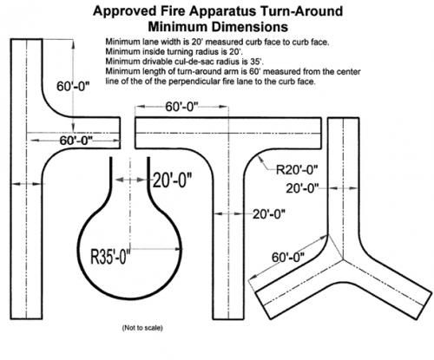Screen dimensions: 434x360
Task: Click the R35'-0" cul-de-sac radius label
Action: [110, 256]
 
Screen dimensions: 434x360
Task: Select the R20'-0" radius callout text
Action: [297, 170]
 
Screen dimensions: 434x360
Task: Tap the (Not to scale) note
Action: [142, 328]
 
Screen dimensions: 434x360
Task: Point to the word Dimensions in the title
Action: [250, 27]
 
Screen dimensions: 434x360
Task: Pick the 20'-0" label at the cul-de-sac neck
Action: [172, 180]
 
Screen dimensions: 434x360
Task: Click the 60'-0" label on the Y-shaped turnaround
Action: [288, 258]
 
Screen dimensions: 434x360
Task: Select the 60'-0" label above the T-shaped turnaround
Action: [182, 107]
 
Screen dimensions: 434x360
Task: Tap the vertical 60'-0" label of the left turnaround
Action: [73, 86]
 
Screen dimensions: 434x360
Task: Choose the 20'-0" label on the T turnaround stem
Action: [269, 214]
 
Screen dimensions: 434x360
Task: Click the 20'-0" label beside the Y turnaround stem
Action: [302, 188]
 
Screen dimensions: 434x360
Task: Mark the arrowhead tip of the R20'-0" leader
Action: [259, 155]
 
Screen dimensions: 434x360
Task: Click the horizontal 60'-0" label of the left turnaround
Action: [76, 141]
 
